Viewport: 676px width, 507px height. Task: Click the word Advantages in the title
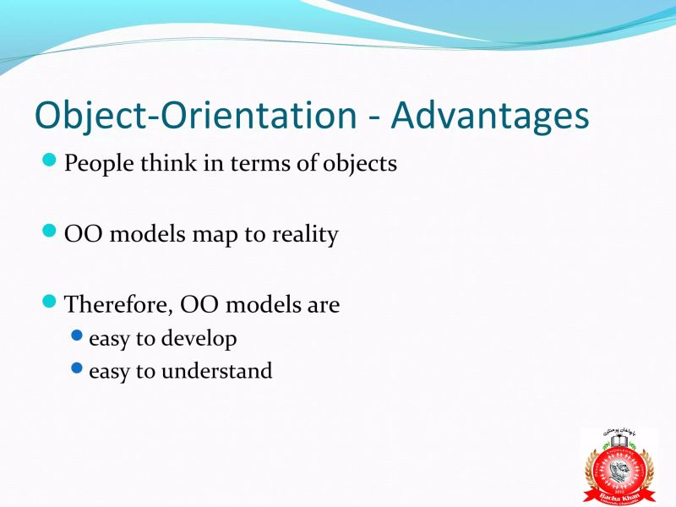(490, 116)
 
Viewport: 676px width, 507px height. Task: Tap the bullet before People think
(50, 160)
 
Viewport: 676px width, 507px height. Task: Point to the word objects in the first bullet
(360, 163)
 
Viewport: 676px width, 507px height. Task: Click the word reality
(304, 234)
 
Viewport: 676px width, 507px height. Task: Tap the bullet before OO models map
(50, 231)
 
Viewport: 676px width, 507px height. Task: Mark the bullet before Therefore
(50, 301)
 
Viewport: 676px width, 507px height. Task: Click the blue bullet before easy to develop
(78, 336)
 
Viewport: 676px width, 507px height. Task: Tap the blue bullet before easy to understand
(78, 368)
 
